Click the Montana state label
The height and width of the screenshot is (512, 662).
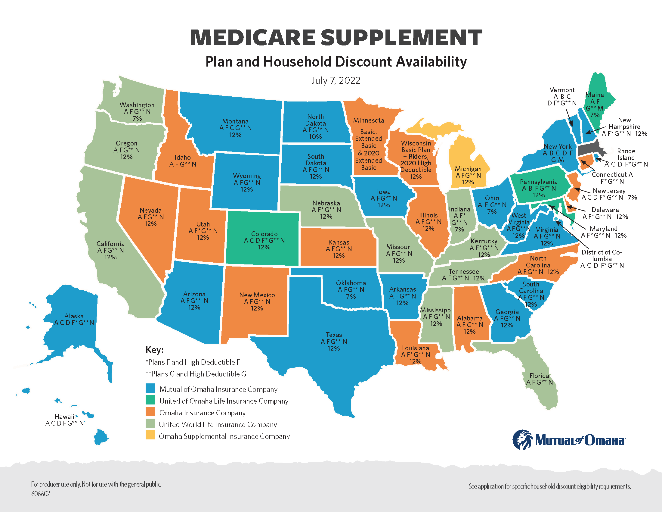(x=235, y=121)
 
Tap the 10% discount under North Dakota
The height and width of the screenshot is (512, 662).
(x=315, y=137)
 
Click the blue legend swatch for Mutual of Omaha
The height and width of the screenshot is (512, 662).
(x=150, y=388)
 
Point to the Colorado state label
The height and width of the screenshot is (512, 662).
(x=264, y=234)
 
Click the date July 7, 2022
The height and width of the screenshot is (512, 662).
(x=336, y=80)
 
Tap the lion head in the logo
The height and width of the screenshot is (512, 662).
(x=522, y=439)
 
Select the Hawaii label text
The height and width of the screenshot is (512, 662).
(x=64, y=417)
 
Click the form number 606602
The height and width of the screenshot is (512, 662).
(x=41, y=494)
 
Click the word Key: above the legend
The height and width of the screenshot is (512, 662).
(x=155, y=350)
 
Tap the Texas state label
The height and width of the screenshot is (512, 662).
(x=334, y=335)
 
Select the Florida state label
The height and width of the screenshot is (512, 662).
(x=539, y=376)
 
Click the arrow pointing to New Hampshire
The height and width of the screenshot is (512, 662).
(x=596, y=130)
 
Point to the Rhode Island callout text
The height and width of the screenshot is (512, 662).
(x=626, y=155)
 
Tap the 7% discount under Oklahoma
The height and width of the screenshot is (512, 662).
(x=351, y=297)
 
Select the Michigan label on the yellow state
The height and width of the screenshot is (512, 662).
(x=468, y=169)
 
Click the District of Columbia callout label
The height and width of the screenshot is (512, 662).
(x=602, y=255)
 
